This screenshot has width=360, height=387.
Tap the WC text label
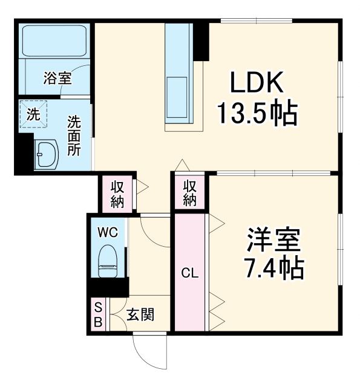(x=109, y=232)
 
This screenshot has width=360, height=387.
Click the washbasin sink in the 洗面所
(x=46, y=154)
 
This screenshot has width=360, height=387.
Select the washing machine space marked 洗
(x=33, y=115)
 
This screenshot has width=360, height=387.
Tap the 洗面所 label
(x=73, y=135)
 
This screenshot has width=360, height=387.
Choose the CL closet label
(x=191, y=273)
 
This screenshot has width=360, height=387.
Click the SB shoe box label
(x=98, y=314)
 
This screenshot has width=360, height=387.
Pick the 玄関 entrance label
(x=140, y=314)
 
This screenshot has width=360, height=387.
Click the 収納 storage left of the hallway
(x=117, y=193)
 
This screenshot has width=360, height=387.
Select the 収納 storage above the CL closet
(x=190, y=192)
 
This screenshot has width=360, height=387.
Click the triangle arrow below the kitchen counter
(x=182, y=164)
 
